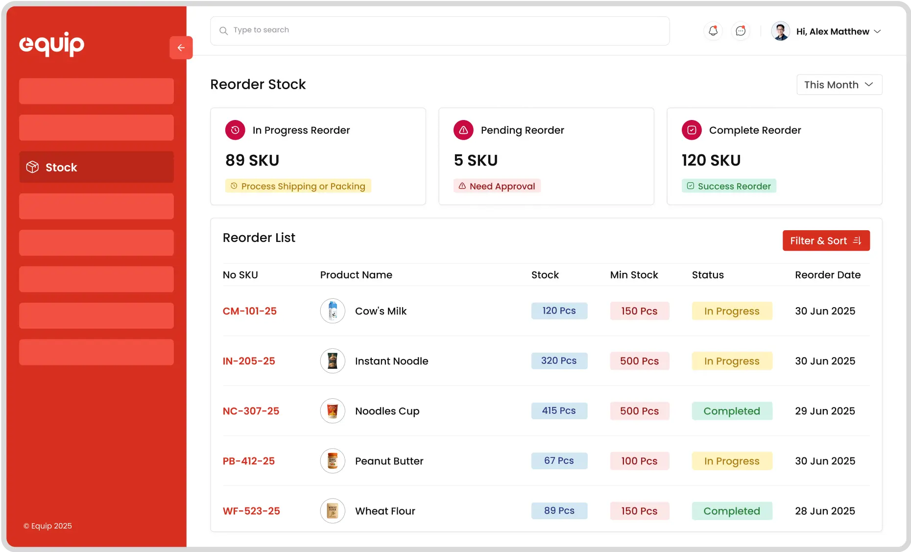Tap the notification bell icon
click(x=713, y=31)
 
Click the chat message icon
click(x=741, y=31)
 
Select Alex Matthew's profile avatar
click(x=780, y=31)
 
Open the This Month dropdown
click(x=839, y=85)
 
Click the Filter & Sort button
click(x=826, y=240)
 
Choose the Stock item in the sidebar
click(x=96, y=167)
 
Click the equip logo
click(x=51, y=44)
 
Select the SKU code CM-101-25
click(x=250, y=311)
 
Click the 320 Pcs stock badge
click(x=559, y=361)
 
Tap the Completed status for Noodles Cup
click(x=732, y=411)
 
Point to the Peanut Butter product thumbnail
click(x=333, y=461)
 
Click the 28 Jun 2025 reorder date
click(x=825, y=511)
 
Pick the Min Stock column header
click(x=634, y=275)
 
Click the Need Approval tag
click(x=497, y=186)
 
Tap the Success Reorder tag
click(x=729, y=186)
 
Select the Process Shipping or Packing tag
click(x=298, y=186)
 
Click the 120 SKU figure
click(x=711, y=160)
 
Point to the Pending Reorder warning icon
click(x=463, y=130)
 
